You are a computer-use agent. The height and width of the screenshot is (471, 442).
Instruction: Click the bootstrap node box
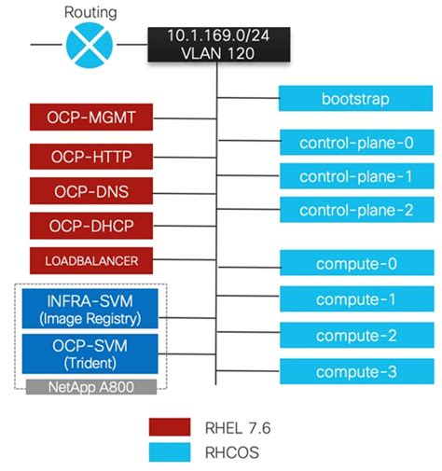355,97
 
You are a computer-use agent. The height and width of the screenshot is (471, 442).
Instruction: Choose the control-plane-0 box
355,143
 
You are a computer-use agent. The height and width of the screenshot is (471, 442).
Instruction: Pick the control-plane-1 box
355,176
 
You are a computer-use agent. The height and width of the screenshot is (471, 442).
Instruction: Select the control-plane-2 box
355,210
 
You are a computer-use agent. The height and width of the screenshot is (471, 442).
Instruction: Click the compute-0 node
355,264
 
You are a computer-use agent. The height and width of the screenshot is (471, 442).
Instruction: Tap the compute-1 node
355,300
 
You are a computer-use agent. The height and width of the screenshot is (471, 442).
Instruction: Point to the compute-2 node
355,336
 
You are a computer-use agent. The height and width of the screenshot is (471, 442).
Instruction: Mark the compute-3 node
355,371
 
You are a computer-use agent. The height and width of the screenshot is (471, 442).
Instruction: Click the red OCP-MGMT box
91,119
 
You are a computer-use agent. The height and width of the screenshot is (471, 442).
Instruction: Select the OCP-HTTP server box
91,157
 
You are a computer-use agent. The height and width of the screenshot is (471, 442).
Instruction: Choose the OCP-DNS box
91,191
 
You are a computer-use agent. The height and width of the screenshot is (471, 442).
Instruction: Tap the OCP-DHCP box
91,226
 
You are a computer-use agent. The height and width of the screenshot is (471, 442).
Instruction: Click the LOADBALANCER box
91,260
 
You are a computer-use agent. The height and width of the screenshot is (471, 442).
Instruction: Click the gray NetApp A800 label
91,385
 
